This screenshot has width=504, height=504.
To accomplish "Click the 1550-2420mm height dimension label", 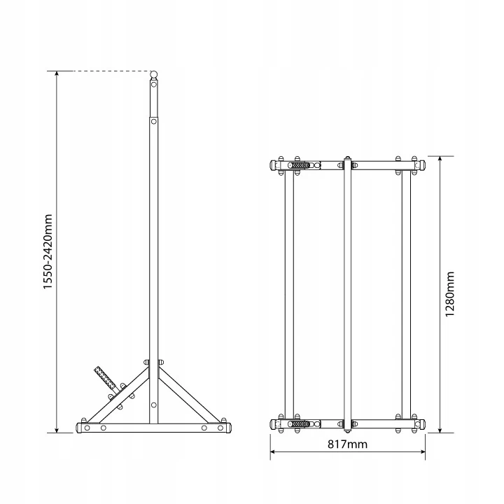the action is (x=48, y=252).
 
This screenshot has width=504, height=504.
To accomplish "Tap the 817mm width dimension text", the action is (x=347, y=444).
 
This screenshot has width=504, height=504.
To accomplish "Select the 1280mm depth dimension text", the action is (x=449, y=294).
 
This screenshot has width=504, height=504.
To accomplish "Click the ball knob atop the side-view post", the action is (x=154, y=75).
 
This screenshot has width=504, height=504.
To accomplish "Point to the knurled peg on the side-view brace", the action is (x=105, y=377).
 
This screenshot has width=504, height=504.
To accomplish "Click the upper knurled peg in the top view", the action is (x=299, y=165).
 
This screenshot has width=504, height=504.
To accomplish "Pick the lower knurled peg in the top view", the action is (x=299, y=424).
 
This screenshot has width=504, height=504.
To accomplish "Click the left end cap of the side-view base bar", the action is (x=79, y=428).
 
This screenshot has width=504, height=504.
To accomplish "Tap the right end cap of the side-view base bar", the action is (x=229, y=428).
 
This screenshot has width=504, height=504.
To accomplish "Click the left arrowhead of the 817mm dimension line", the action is (x=272, y=451).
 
